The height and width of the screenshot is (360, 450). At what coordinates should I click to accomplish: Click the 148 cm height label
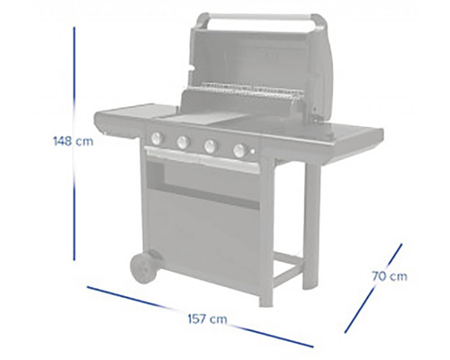point(73,141)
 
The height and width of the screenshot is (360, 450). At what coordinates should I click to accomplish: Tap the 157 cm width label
point(207,319)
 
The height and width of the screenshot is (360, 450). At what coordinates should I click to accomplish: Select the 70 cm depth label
point(390,276)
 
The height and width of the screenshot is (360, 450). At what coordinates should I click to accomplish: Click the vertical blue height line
point(74,144)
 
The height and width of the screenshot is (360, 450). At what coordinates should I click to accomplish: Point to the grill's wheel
point(144,268)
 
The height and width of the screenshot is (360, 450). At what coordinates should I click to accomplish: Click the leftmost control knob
point(157,138)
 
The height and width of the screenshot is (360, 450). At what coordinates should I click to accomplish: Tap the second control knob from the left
point(184,142)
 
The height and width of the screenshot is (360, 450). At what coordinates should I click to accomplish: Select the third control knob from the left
point(211,146)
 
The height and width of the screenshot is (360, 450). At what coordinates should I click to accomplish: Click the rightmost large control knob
point(240,150)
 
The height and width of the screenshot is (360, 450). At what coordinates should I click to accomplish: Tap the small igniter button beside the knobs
point(253,152)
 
